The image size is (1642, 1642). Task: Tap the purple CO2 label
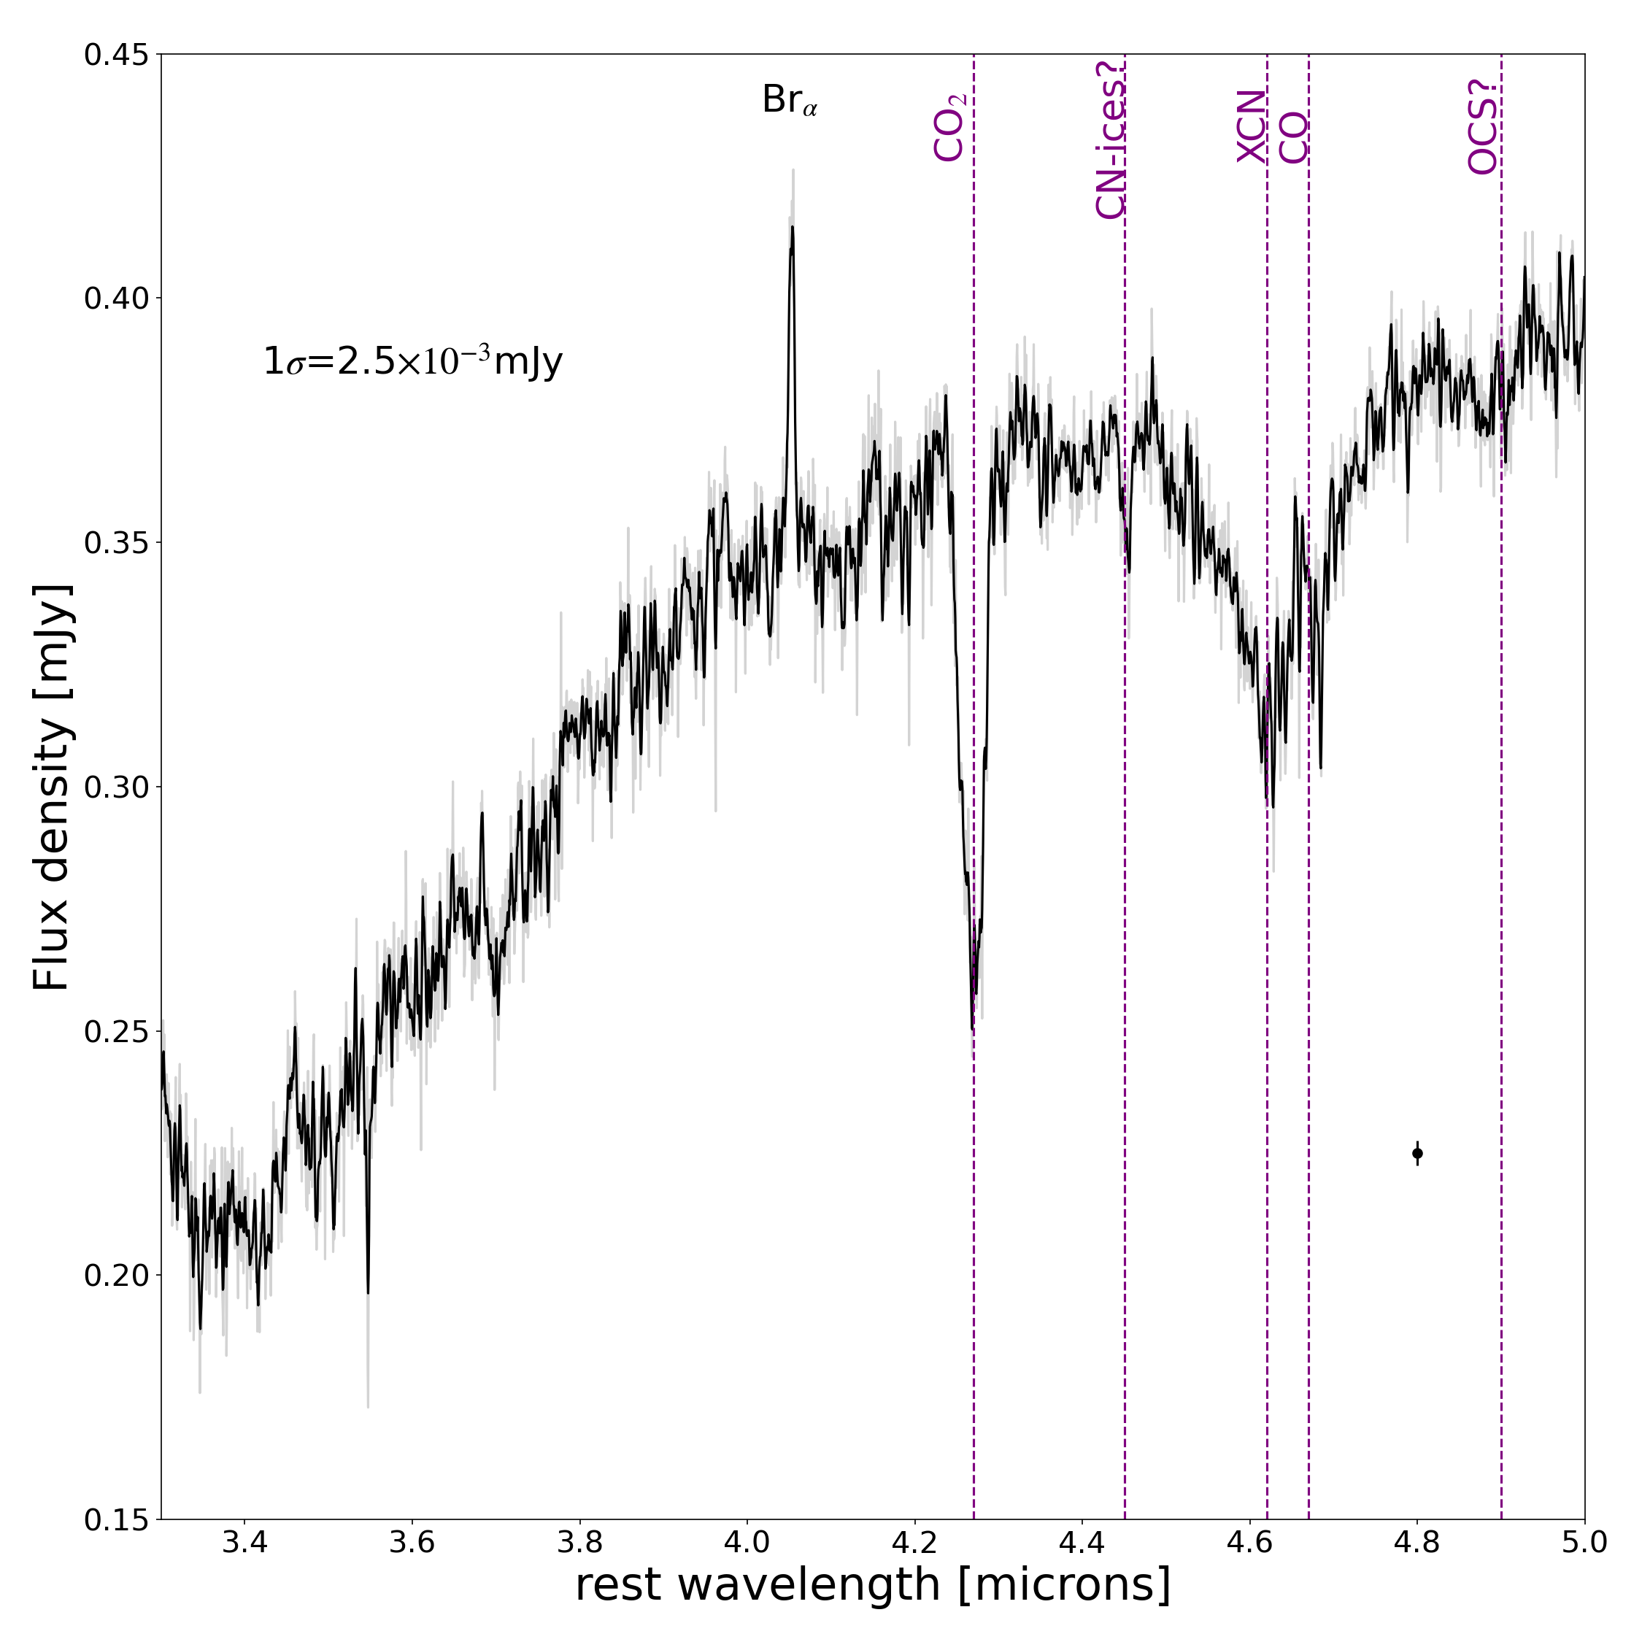pyautogui.click(x=949, y=128)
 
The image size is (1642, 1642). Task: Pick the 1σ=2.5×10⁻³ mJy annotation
pyautogui.click(x=413, y=361)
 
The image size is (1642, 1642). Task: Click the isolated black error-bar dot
pyautogui.click(x=1416, y=1153)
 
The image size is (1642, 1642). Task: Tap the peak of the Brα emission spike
pyautogui.click(x=792, y=228)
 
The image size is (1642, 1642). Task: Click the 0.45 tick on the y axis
pyautogui.click(x=122, y=55)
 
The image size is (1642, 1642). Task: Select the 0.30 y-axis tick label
pyautogui.click(x=122, y=787)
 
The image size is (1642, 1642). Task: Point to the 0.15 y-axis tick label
pyautogui.click(x=122, y=1519)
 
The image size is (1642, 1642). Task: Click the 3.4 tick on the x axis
pyautogui.click(x=244, y=1544)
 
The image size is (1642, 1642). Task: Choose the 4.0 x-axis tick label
pyautogui.click(x=747, y=1544)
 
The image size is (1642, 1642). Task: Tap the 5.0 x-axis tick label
pyautogui.click(x=1584, y=1544)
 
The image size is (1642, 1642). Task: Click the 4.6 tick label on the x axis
pyautogui.click(x=1249, y=1544)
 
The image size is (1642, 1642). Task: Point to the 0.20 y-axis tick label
pyautogui.click(x=122, y=1275)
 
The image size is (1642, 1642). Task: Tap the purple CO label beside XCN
pyautogui.click(x=1295, y=138)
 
